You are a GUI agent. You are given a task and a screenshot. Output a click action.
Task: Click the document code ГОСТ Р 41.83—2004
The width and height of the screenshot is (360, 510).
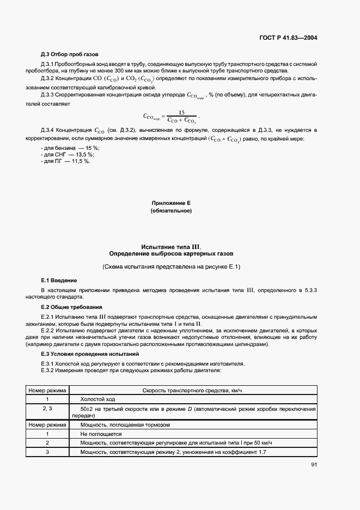click(289, 38)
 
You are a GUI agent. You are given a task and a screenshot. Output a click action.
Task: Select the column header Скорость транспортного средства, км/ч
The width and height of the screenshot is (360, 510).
click(198, 391)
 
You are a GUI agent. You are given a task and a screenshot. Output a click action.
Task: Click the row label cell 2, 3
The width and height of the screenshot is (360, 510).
click(47, 409)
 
